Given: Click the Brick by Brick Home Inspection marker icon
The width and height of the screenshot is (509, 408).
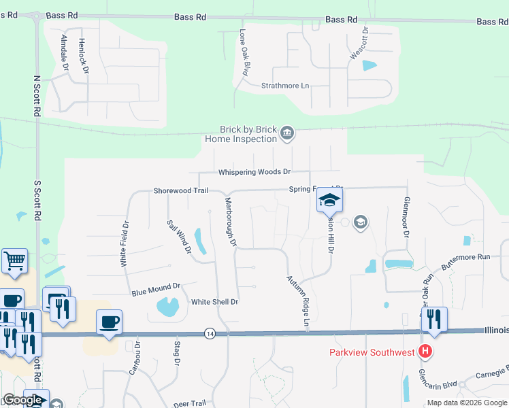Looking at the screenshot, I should tap(287, 133).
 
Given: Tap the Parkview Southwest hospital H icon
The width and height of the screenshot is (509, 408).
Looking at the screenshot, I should tap(425, 352).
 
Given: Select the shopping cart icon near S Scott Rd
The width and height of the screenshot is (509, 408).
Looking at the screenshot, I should tap(14, 260).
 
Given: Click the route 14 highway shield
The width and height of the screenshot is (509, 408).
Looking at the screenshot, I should tap(210, 333).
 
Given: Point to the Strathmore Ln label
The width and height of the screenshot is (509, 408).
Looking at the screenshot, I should tap(285, 86).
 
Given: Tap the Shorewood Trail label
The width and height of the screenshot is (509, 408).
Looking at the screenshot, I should tap(180, 191).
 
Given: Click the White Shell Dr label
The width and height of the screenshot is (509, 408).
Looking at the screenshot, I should tap(214, 302).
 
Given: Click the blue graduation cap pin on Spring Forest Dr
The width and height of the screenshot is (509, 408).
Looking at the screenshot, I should tap(330, 200).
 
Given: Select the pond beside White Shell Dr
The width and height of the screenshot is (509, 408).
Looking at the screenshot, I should tap(167, 307).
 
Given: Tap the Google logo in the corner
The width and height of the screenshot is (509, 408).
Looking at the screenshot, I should tap(22, 400).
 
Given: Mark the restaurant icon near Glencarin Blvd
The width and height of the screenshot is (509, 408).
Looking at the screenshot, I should tap(434, 319).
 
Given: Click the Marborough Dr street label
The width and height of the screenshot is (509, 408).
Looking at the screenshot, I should tap(229, 220).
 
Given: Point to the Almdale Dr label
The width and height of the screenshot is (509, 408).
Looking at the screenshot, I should tap(65, 54).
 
